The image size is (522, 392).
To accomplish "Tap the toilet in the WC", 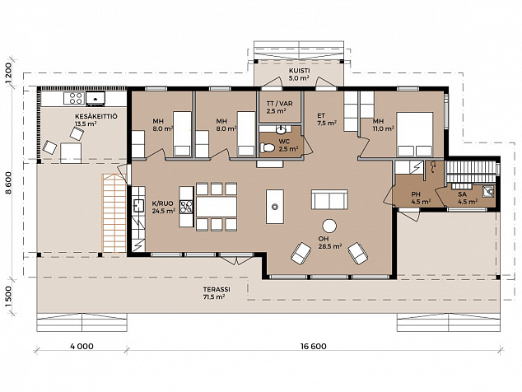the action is (268, 147).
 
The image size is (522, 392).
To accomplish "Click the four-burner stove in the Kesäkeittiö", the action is (76, 98).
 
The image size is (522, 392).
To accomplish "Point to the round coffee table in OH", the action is (329, 226).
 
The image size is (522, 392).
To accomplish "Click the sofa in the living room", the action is (329, 199).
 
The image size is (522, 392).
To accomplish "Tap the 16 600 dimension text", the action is (313, 347).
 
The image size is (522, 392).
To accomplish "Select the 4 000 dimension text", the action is (82, 347).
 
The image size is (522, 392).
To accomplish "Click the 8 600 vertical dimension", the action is (9, 183).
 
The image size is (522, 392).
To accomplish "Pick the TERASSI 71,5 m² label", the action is (216, 293).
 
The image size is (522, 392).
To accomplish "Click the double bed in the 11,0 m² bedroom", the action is (415, 134).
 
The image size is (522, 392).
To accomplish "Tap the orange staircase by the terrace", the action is (114, 212).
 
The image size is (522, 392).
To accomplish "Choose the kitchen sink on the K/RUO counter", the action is (138, 206).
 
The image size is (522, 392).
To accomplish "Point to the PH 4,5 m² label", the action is (421, 198).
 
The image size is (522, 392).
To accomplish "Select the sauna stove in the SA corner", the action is (489, 192).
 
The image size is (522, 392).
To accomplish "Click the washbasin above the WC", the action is (282, 128).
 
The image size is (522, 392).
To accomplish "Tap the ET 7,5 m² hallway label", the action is (327, 119).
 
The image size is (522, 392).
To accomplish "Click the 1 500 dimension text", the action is (9, 296).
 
